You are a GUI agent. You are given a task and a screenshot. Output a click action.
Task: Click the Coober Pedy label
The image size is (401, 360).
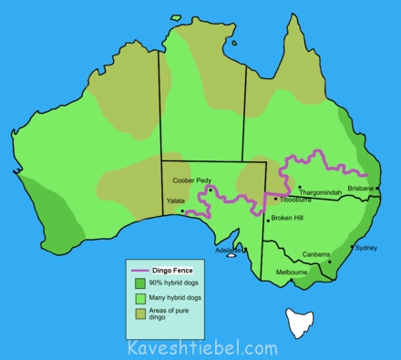192,180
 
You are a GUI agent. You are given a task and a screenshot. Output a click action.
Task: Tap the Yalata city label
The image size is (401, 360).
178,200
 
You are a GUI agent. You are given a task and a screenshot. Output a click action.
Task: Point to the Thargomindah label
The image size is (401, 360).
321,193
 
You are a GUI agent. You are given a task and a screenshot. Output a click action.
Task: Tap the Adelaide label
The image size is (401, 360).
229,250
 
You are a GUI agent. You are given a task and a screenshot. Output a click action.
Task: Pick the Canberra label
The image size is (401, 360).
316,254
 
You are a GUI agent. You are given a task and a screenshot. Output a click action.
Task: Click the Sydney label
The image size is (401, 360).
365,247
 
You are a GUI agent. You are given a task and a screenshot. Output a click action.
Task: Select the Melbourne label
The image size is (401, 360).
292,272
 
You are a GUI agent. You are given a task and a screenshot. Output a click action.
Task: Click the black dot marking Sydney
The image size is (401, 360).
352,247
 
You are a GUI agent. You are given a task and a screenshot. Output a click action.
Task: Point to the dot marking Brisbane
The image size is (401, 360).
377,189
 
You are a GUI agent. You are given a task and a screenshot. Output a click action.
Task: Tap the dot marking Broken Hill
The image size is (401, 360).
268,220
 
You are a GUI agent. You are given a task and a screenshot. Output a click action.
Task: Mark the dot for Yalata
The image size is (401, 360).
183,211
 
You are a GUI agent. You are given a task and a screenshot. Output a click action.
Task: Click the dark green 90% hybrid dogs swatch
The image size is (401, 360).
139,283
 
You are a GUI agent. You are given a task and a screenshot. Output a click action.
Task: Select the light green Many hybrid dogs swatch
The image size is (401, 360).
139,298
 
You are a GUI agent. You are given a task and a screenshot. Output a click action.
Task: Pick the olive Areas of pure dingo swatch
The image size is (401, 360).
139,314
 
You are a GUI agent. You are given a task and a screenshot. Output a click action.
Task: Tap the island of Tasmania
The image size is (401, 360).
297,321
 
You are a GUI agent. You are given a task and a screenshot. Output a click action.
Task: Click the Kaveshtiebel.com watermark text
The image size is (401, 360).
202,347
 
